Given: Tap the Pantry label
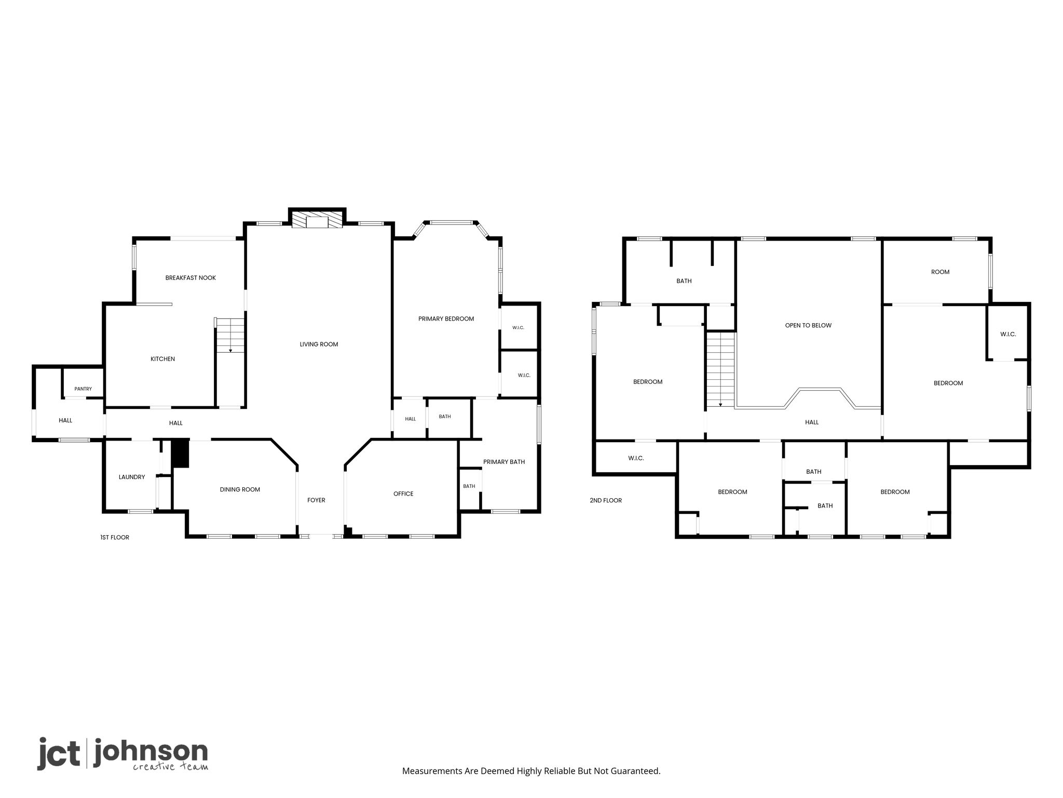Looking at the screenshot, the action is [x=83, y=389].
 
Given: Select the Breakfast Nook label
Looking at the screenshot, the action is [x=190, y=278].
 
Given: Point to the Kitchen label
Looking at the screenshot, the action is [x=162, y=359].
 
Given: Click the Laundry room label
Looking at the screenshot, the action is [x=132, y=477].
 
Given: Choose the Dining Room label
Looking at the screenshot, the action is [x=240, y=489].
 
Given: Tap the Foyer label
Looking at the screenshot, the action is [x=316, y=500].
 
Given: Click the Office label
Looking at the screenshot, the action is [x=403, y=494].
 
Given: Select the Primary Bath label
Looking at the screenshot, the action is [x=504, y=462].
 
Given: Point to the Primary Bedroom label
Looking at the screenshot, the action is [x=446, y=319].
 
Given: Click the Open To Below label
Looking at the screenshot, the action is [x=808, y=326].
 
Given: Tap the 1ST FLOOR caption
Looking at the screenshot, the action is [x=115, y=538].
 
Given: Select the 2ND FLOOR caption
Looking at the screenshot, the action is [x=606, y=501].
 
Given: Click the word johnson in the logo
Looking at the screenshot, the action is [x=151, y=752].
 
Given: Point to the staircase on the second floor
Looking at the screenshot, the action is [x=720, y=370].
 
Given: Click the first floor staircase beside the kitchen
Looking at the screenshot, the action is [x=230, y=336].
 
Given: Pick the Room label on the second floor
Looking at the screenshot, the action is [x=940, y=272].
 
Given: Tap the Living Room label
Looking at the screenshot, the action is [x=319, y=344].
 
